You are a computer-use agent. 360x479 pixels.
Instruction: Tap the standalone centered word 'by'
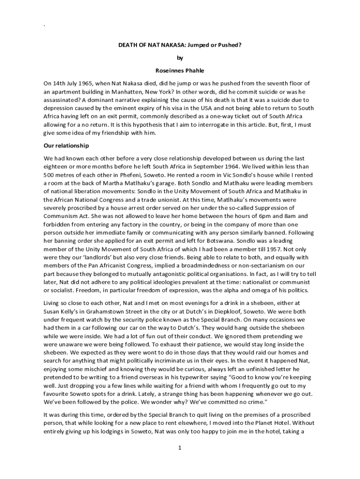click(x=180, y=58)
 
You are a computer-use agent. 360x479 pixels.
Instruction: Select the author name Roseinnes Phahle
click(x=180, y=71)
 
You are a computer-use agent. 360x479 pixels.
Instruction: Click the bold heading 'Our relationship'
click(x=66, y=145)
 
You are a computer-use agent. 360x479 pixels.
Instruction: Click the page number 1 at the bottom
click(x=180, y=448)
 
